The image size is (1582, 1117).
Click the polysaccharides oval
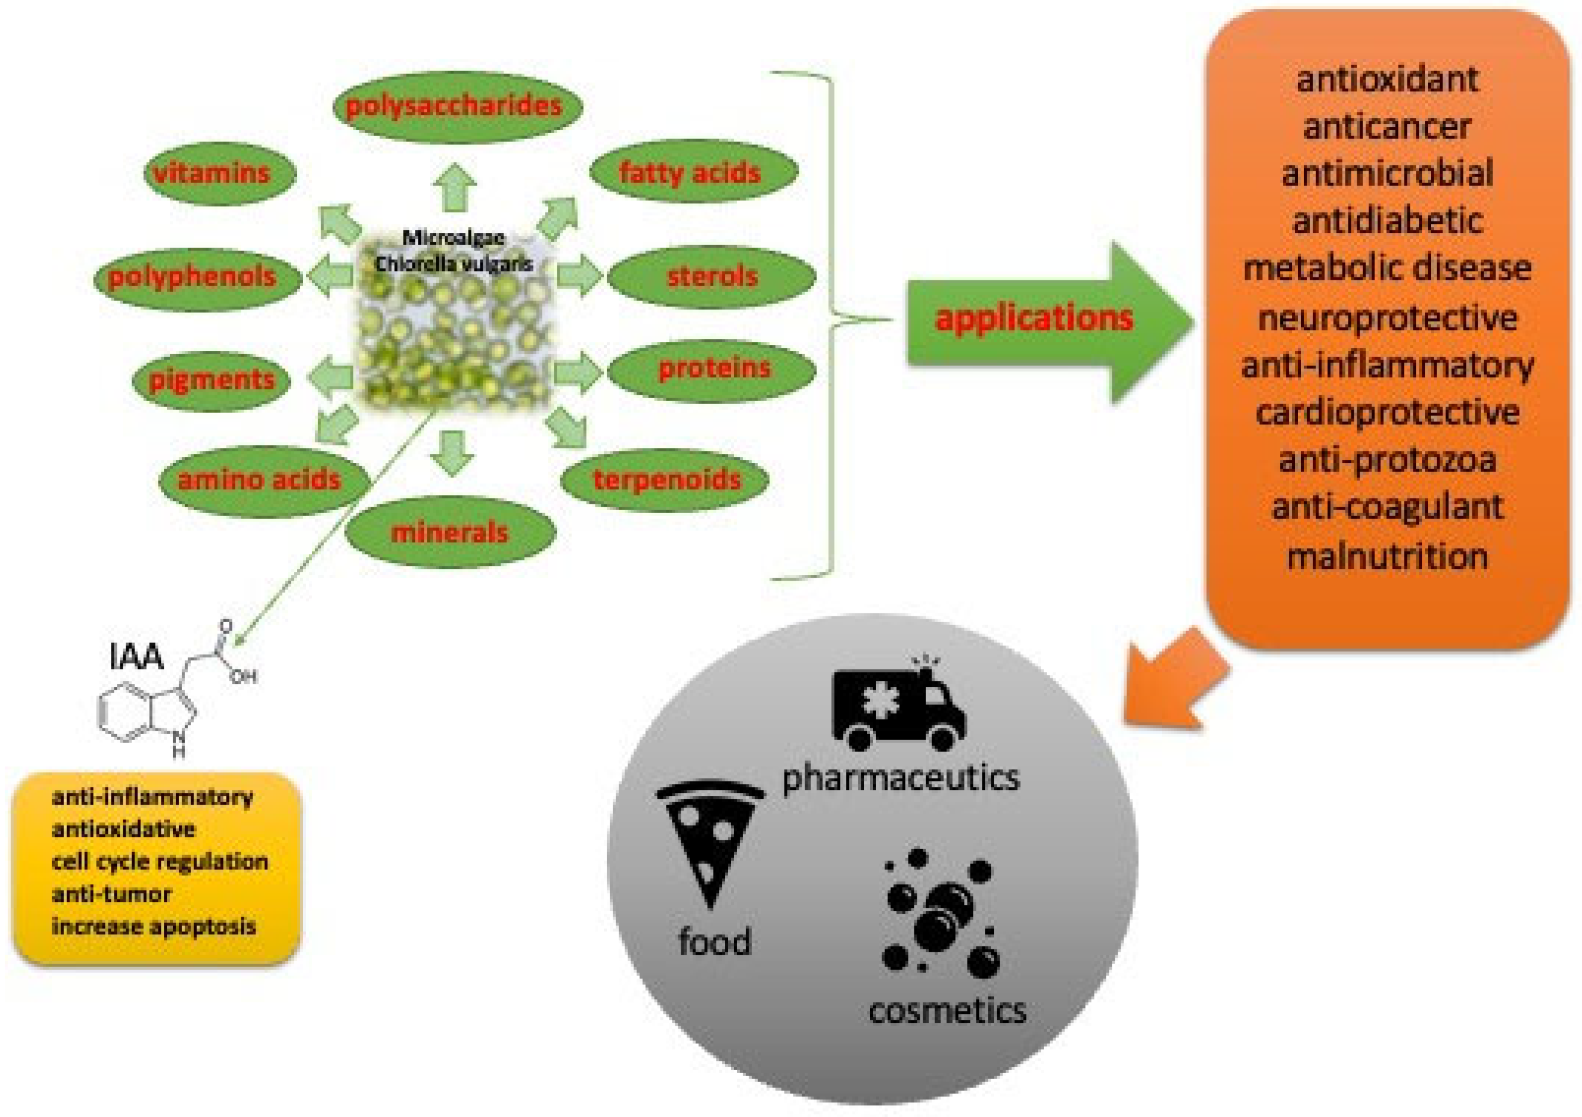[x=457, y=107]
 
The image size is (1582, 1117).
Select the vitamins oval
[x=220, y=174]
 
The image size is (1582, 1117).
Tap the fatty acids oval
[x=693, y=172]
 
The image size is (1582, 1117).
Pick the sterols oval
[x=712, y=277]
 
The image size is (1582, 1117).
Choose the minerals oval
[x=450, y=532]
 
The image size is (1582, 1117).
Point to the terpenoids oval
[x=665, y=479]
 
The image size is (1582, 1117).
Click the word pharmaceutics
[x=901, y=779]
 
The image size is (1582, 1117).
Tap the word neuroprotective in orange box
[x=1387, y=318]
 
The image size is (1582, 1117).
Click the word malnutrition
[x=1387, y=556]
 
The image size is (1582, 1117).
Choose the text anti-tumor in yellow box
[x=111, y=894]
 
